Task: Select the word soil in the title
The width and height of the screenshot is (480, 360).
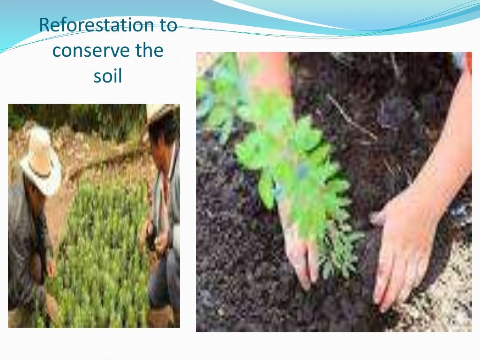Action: [108, 75]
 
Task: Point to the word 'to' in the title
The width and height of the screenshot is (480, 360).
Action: [167, 25]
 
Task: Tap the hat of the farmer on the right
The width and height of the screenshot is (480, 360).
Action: [159, 112]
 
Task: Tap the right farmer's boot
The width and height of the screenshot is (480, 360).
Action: [159, 316]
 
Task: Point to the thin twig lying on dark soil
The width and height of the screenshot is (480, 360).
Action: [352, 117]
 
